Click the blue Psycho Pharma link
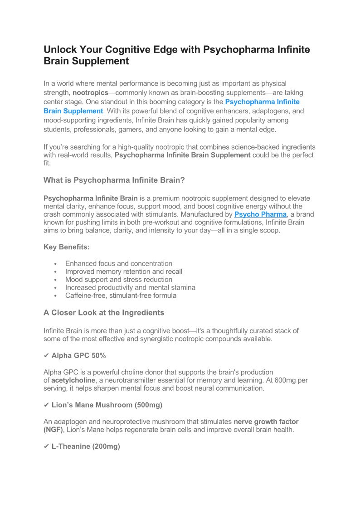260,214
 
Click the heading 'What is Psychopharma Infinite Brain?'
114,180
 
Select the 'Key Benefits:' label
67,247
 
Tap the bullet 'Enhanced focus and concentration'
119,263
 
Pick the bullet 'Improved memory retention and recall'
124,271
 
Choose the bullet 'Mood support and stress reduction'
119,280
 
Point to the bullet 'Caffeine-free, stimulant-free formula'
121,296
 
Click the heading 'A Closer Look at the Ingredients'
104,313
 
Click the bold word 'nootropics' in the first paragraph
90,93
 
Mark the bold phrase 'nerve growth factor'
266,422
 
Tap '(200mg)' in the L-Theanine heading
106,446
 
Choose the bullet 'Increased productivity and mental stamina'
131,287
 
